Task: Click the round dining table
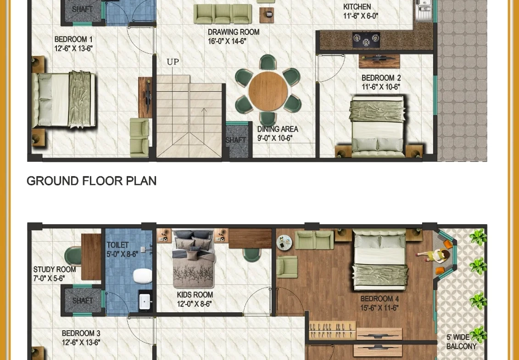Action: click(x=268, y=91)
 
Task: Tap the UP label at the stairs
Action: click(x=173, y=62)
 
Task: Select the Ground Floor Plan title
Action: click(x=91, y=181)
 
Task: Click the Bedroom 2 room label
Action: click(x=381, y=83)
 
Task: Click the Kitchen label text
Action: click(x=357, y=7)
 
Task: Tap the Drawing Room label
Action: click(x=233, y=36)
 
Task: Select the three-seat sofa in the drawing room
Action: click(x=223, y=14)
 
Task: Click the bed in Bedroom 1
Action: click(x=64, y=100)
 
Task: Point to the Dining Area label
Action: click(x=277, y=133)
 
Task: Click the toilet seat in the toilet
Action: click(x=142, y=277)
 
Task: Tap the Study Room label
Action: click(x=54, y=274)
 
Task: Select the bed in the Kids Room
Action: click(x=193, y=259)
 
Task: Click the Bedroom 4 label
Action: click(x=379, y=304)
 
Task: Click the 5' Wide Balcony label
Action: click(x=461, y=342)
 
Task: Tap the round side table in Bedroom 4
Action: click(x=285, y=243)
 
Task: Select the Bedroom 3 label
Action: click(x=81, y=338)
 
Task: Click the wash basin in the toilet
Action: click(x=145, y=301)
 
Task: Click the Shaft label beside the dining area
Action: click(x=236, y=140)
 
